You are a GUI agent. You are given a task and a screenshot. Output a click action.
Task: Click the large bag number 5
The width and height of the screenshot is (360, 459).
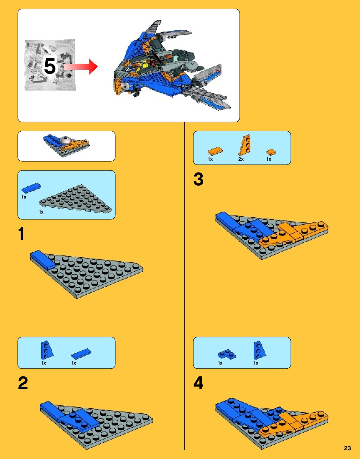[50, 66]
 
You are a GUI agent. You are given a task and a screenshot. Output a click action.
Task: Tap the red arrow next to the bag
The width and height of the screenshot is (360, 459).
[81, 67]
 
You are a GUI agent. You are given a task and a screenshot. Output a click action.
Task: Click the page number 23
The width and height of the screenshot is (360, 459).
[347, 448]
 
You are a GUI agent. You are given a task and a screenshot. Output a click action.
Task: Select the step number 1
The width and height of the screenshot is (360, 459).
[21, 233]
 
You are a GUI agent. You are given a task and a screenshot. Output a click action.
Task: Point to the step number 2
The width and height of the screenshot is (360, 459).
[23, 383]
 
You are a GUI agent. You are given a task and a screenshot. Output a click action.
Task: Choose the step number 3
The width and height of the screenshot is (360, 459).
[198, 179]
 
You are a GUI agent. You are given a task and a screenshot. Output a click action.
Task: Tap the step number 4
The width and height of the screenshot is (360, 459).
[198, 383]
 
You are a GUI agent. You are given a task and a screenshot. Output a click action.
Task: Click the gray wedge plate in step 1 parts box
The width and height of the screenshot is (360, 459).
[75, 199]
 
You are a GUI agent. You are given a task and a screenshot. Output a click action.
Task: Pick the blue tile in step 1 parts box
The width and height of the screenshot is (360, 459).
[31, 188]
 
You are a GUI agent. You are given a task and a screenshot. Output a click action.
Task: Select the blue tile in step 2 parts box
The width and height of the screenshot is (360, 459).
[81, 354]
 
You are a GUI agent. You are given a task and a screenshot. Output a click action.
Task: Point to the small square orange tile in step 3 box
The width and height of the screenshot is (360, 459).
[271, 152]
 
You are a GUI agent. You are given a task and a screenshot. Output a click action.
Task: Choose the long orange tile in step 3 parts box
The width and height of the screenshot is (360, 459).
[215, 151]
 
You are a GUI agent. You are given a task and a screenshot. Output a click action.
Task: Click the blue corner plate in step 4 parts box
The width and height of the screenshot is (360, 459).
[227, 354]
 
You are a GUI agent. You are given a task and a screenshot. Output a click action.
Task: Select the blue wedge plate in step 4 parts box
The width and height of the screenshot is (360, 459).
[259, 350]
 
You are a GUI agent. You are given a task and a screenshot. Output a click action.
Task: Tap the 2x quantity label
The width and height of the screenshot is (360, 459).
[241, 159]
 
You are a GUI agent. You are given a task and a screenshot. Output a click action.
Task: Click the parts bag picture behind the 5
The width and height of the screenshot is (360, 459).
[50, 65]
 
